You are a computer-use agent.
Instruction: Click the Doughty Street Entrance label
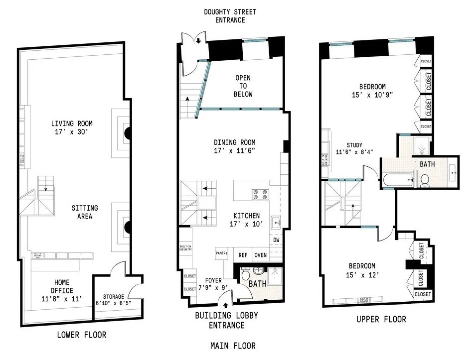(x=230, y=16)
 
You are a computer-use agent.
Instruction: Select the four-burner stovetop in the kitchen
(x=260, y=194)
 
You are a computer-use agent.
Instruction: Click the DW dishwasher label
(x=276, y=240)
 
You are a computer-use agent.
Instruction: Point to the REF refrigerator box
(x=243, y=255)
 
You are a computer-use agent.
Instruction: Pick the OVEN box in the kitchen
(x=260, y=255)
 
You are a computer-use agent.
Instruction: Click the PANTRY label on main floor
(x=221, y=253)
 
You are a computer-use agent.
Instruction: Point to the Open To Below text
(x=243, y=86)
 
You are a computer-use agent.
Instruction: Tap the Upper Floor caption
(x=381, y=319)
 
